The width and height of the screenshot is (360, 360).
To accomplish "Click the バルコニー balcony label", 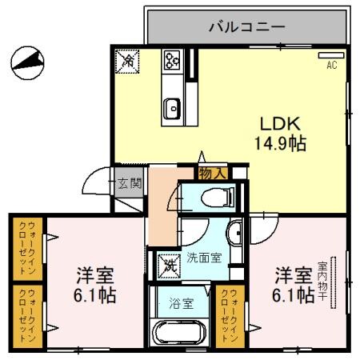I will pyautogui.click(x=246, y=26).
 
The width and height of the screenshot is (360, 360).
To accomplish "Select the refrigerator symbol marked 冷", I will pyautogui.click(x=126, y=61).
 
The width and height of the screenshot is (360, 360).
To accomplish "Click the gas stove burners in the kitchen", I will pyautogui.click(x=172, y=59).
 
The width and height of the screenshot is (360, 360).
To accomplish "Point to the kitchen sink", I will pyautogui.click(x=172, y=105).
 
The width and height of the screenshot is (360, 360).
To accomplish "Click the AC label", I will pyautogui.click(x=330, y=66).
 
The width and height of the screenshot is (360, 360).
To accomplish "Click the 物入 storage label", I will pyautogui.click(x=211, y=172).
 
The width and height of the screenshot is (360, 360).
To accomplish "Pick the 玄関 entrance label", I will pyautogui.click(x=130, y=183).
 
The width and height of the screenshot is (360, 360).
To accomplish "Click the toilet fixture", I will pyautogui.click(x=213, y=197).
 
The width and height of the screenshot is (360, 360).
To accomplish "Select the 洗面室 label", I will pyautogui.click(x=203, y=258).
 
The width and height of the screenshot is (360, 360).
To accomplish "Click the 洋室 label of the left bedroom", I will pyautogui.click(x=94, y=276).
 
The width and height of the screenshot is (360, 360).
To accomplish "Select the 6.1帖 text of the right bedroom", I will pyautogui.click(x=293, y=296).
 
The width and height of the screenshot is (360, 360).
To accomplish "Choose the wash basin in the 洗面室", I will pyautogui.click(x=234, y=234).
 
